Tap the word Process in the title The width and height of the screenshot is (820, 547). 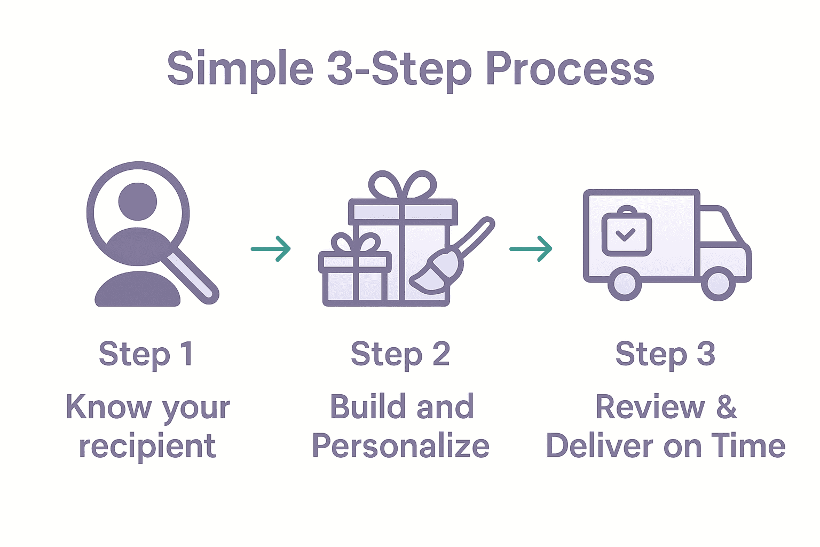click(x=570, y=69)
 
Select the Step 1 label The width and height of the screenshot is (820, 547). click(x=146, y=354)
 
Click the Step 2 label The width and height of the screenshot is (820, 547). click(x=400, y=354)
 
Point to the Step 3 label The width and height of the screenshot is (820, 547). click(x=665, y=354)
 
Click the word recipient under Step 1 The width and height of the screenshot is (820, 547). click(x=147, y=447)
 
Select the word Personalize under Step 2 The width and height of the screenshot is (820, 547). click(x=400, y=447)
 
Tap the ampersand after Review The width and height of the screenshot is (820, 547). click(x=727, y=407)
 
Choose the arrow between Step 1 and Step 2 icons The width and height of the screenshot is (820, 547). click(x=271, y=248)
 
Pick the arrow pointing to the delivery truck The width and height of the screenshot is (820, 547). click(x=531, y=248)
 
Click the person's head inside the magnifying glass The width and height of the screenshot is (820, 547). click(x=138, y=201)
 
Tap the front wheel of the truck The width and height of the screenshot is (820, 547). click(x=718, y=284)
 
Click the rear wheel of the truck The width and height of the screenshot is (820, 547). click(x=625, y=284)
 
